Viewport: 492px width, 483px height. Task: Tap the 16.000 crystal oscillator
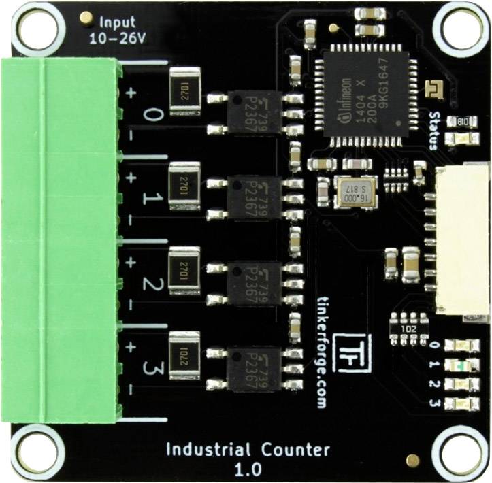[355, 190]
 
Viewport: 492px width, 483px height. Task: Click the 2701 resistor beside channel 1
[184, 180]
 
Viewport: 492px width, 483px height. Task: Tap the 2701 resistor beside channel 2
[184, 265]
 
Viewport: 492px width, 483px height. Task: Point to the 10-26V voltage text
[117, 38]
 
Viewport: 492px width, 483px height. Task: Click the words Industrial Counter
[248, 450]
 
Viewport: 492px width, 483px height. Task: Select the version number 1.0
[247, 469]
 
